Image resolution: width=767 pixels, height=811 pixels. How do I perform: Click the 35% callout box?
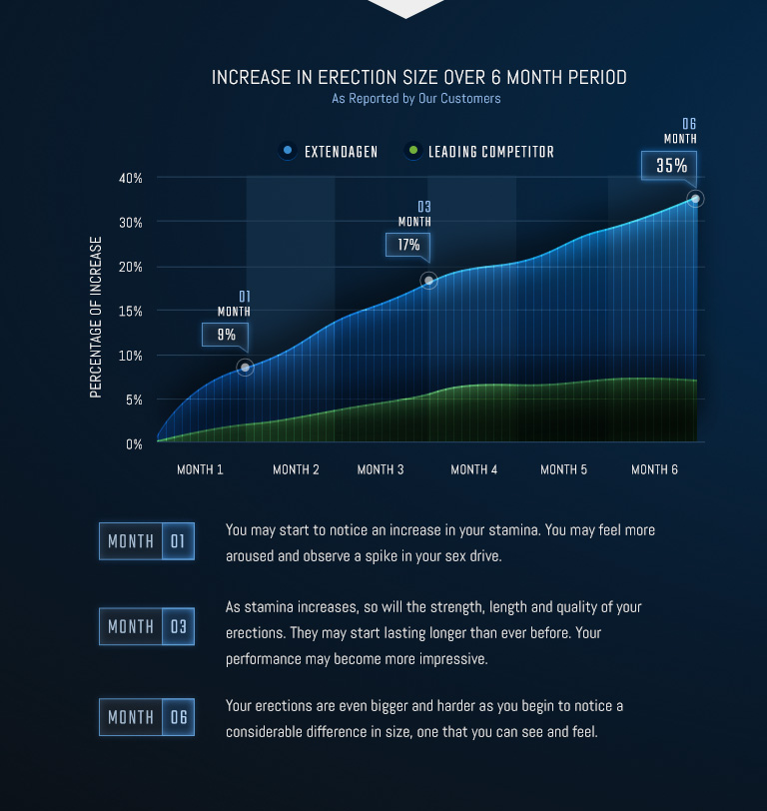671,166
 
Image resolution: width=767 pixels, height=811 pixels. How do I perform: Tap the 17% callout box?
408,245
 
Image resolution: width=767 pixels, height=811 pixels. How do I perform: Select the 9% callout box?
226,335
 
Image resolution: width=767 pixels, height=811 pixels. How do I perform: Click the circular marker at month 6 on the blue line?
695,199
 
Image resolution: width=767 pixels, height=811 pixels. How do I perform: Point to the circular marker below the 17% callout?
428,281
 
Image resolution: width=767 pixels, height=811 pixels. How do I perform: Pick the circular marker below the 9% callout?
246,368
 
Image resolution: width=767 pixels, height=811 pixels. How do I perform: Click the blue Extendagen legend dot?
288,152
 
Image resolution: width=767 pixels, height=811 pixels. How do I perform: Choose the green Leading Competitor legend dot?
411,152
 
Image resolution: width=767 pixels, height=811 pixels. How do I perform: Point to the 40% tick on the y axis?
131,178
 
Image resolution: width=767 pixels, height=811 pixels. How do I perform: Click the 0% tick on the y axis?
133,443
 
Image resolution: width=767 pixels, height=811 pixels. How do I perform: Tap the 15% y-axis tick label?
131,311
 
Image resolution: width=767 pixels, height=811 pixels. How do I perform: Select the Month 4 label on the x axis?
473,469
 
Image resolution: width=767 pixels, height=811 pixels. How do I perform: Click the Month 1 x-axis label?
200,469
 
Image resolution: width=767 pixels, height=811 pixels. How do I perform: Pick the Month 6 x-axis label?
654,469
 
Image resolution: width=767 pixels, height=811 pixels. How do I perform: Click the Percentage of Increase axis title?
96,317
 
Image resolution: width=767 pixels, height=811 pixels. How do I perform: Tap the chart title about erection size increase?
418,77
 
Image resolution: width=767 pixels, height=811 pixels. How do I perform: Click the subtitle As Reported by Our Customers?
416,99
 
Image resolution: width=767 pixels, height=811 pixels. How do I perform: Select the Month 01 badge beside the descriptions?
147,541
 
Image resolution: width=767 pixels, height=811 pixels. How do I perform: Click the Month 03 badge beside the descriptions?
147,627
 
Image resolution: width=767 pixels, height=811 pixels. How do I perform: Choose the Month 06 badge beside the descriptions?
147,717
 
